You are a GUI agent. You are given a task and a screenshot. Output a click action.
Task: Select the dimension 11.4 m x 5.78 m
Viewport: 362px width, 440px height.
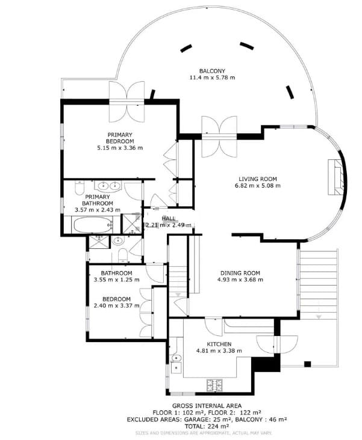tap(212, 78)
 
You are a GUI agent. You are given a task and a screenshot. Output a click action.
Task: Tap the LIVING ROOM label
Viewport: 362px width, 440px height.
tap(257, 179)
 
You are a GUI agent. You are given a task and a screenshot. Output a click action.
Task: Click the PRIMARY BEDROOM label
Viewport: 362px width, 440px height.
tap(120, 138)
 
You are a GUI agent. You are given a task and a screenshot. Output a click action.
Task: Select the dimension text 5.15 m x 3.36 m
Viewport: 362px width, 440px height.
tap(120, 147)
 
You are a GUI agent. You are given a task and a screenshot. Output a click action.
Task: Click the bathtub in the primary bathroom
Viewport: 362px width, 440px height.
tap(92, 227)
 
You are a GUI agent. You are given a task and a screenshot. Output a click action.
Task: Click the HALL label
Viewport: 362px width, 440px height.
tap(169, 218)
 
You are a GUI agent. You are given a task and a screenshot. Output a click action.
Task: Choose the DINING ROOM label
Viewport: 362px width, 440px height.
tap(240, 271)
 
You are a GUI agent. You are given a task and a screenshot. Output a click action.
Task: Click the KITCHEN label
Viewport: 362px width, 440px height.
tap(219, 343)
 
